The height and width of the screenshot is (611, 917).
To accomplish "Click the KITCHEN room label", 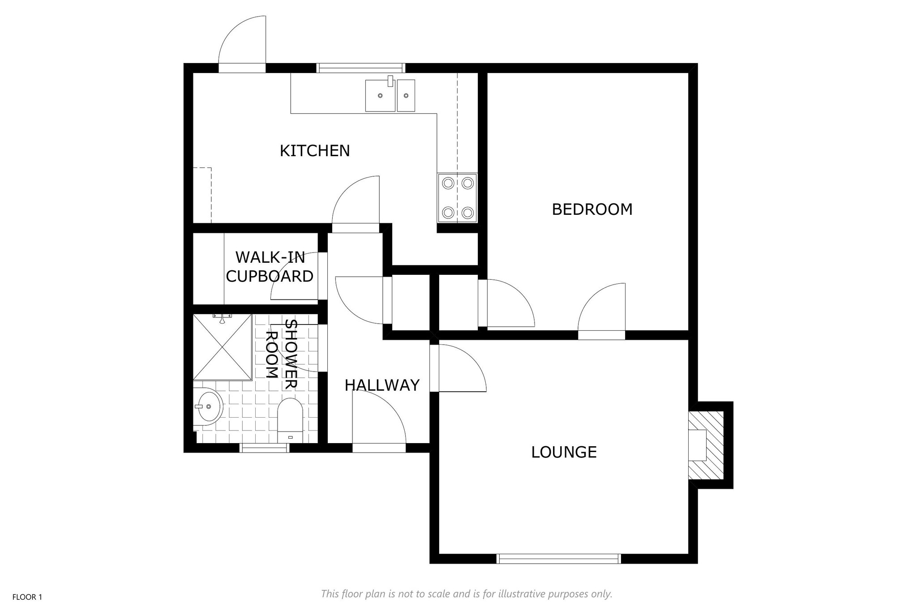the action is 315,151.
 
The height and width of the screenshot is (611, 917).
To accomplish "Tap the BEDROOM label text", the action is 592,209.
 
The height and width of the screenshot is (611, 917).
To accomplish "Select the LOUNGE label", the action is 564,452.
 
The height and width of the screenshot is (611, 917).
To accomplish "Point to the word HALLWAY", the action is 382,385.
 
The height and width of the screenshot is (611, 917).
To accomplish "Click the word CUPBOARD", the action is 270,277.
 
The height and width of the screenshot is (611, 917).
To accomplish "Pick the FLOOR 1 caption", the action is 27,597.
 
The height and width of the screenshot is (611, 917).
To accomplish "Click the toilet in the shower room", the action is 290,420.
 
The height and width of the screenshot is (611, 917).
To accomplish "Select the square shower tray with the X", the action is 223,347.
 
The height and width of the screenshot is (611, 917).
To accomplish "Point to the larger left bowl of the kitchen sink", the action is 380,96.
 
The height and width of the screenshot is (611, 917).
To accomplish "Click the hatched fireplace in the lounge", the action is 706,445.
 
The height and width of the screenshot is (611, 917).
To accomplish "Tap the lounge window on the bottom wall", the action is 559,559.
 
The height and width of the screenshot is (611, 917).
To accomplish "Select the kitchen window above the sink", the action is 361,68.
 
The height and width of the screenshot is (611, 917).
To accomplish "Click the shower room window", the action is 265,448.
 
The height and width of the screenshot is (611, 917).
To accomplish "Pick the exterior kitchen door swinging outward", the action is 242,44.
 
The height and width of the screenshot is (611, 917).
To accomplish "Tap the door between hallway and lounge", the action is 458,368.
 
